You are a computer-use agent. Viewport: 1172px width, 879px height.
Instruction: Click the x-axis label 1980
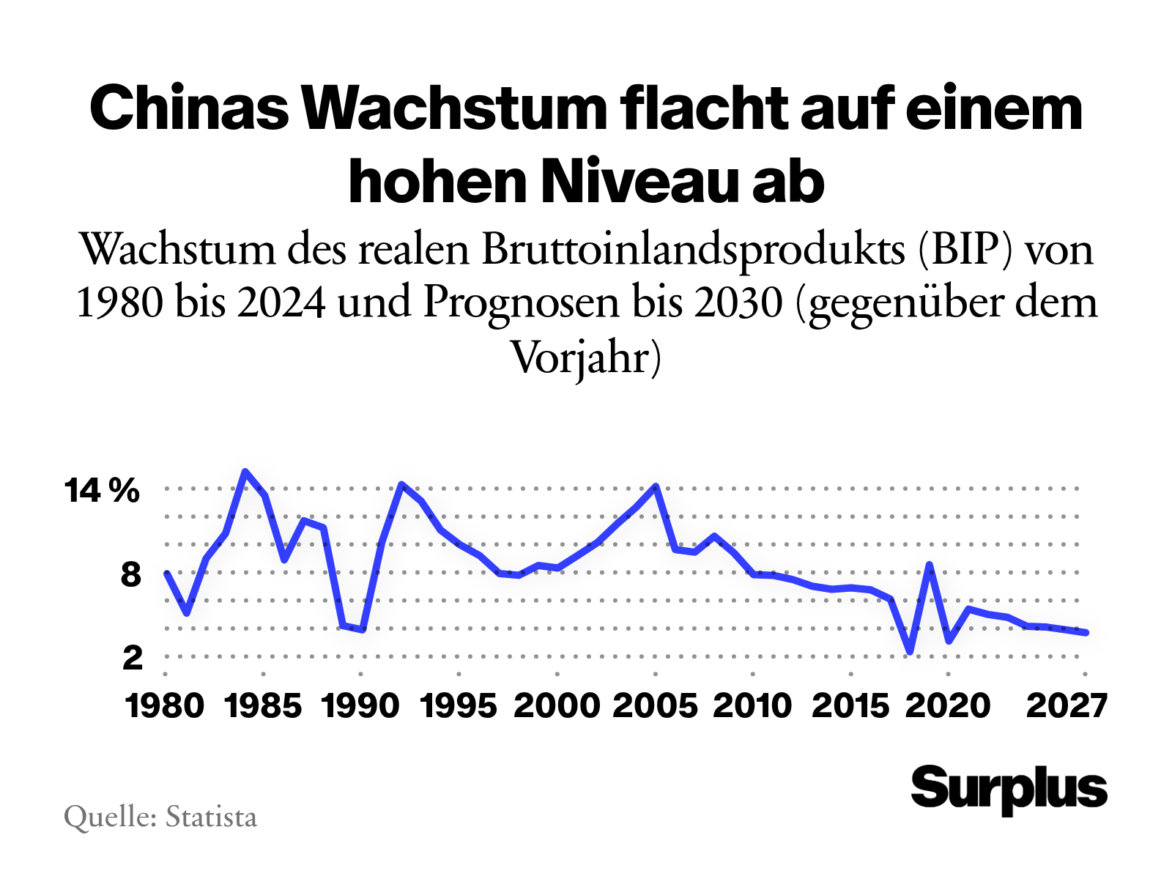pos(165,706)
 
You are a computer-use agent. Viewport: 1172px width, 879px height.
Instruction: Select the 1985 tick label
pos(264,706)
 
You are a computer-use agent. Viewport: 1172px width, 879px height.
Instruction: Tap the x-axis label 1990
pos(360,706)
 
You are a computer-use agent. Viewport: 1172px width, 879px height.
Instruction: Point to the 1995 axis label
pos(459,706)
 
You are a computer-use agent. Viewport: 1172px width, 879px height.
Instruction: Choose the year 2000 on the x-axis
pos(557,706)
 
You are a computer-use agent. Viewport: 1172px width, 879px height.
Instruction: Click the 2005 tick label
pos(656,706)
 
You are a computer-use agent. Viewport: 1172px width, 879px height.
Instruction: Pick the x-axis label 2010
pos(753,706)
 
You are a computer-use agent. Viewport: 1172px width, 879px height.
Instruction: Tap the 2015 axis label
pos(851,706)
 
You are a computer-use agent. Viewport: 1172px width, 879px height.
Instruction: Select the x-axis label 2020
pos(949,706)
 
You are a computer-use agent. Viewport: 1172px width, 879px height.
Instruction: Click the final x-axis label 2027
pos(1067,706)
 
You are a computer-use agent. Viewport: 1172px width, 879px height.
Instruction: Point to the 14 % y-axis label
pos(102,491)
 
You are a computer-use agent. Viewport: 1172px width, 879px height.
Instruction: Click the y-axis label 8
pos(131,574)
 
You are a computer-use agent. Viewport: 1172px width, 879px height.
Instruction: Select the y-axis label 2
pos(132,658)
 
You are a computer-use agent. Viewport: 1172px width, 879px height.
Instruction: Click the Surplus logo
pos(1009,790)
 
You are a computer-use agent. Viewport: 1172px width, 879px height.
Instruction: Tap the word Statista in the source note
pos(211,817)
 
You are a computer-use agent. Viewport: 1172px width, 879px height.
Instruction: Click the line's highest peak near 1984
pos(245,471)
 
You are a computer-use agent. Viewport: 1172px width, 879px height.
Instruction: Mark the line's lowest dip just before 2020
pos(910,652)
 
